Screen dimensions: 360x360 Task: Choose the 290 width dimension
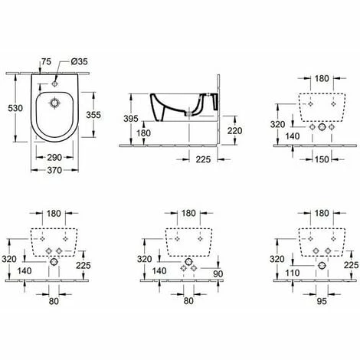click(54, 156)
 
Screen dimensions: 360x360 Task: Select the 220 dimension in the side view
click(234, 130)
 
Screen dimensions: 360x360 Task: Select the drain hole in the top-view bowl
click(54, 104)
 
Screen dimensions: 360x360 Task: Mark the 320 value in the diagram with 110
click(278, 260)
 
